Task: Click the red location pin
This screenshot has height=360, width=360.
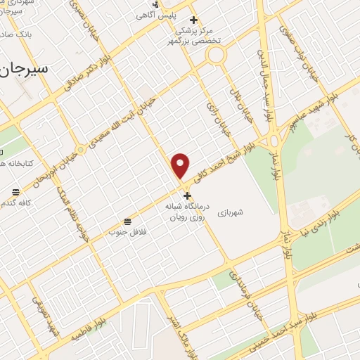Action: pos(181,166)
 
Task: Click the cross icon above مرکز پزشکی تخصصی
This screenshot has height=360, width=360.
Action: pos(194,20)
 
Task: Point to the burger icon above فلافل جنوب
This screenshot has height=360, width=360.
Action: pos(127,220)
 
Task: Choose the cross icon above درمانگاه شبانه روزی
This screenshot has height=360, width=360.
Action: pos(187,196)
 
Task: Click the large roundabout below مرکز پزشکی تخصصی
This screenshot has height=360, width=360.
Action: pos(215,55)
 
